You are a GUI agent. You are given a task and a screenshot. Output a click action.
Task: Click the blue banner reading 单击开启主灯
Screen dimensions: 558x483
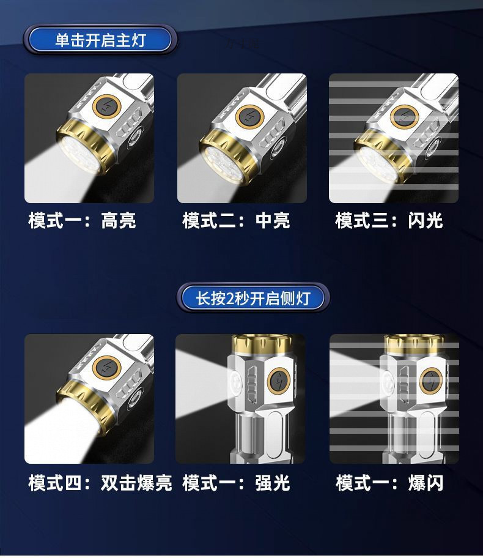coord(100,40)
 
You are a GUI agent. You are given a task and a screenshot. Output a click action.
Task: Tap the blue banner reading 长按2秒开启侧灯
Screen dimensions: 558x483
coord(253,299)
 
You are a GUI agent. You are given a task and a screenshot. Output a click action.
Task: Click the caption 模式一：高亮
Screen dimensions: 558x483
coord(82,220)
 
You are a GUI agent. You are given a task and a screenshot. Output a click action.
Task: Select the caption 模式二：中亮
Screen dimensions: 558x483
coord(236,220)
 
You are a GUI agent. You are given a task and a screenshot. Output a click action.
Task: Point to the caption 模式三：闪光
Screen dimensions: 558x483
coord(389,220)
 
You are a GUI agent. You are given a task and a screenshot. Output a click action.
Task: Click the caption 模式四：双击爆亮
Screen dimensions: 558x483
coord(100,483)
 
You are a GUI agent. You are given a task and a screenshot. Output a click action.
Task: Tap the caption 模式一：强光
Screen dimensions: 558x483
coord(236,483)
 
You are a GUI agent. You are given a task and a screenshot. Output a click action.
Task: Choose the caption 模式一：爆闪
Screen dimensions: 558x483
coord(389,483)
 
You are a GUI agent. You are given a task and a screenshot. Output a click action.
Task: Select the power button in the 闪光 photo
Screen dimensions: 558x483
coord(402,114)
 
